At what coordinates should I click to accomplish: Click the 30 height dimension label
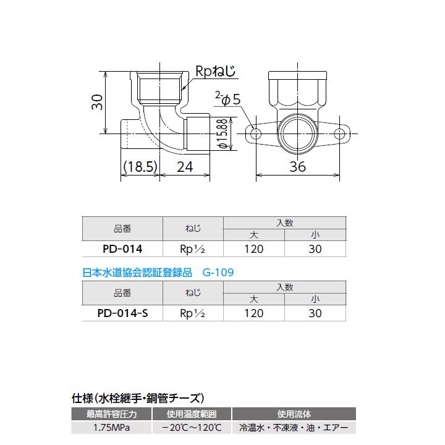(96, 103)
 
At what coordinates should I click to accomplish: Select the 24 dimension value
(185, 166)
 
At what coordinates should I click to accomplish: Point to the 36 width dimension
(298, 166)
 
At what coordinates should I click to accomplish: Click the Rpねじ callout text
(216, 72)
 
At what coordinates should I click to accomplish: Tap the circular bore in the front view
(298, 133)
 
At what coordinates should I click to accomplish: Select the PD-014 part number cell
(122, 249)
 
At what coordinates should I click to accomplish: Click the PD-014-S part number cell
(122, 313)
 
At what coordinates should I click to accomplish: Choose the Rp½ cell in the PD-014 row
(192, 249)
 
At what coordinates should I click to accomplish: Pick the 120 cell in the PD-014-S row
(253, 313)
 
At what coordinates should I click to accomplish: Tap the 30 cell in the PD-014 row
(315, 249)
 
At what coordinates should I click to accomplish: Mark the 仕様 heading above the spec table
(82, 397)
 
